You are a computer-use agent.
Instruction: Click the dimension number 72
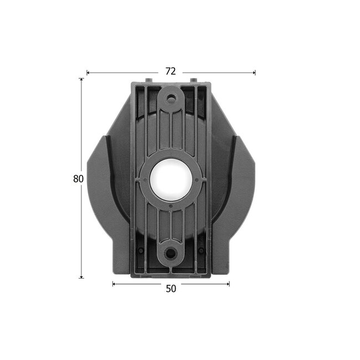[171, 71]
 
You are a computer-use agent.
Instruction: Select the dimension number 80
[78, 179]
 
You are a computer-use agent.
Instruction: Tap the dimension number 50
[171, 289]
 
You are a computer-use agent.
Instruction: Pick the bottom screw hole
[171, 254]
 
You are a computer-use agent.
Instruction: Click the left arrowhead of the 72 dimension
[88, 72]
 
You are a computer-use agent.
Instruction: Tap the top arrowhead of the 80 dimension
[81, 80]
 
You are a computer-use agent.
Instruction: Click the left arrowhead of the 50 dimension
[114, 284]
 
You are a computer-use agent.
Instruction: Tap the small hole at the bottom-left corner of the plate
[141, 250]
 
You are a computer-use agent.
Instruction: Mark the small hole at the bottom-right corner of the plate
[202, 250]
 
